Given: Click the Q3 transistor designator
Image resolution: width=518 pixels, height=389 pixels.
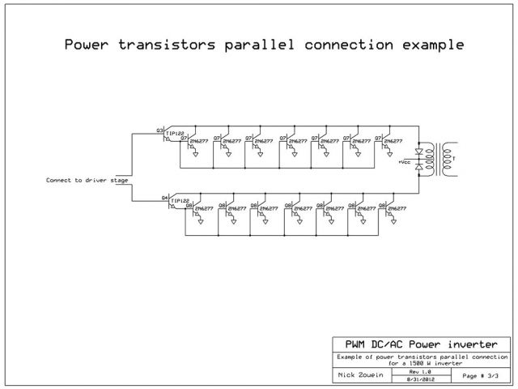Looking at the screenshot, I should click(159, 130).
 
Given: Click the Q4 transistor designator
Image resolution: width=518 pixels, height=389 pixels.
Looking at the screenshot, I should click(164, 198).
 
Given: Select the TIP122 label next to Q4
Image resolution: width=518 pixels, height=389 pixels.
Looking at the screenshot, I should click(180, 200).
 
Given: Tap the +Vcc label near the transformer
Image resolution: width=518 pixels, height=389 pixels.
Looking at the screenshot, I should click(405, 161).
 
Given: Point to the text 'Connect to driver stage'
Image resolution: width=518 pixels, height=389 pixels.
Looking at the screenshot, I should click(87, 179).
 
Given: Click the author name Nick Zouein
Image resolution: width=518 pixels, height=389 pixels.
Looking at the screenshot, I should click(359, 376).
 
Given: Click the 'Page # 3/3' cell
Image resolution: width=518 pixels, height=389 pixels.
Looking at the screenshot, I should click(480, 376).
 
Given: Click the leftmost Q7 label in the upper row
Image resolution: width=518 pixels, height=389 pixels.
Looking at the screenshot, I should click(184, 138).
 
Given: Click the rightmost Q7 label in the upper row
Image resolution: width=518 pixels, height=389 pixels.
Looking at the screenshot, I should click(379, 138).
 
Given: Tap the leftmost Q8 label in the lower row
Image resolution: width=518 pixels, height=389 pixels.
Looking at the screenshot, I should click(189, 206).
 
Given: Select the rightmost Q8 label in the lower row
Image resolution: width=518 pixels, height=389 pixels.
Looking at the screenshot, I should click(384, 206).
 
